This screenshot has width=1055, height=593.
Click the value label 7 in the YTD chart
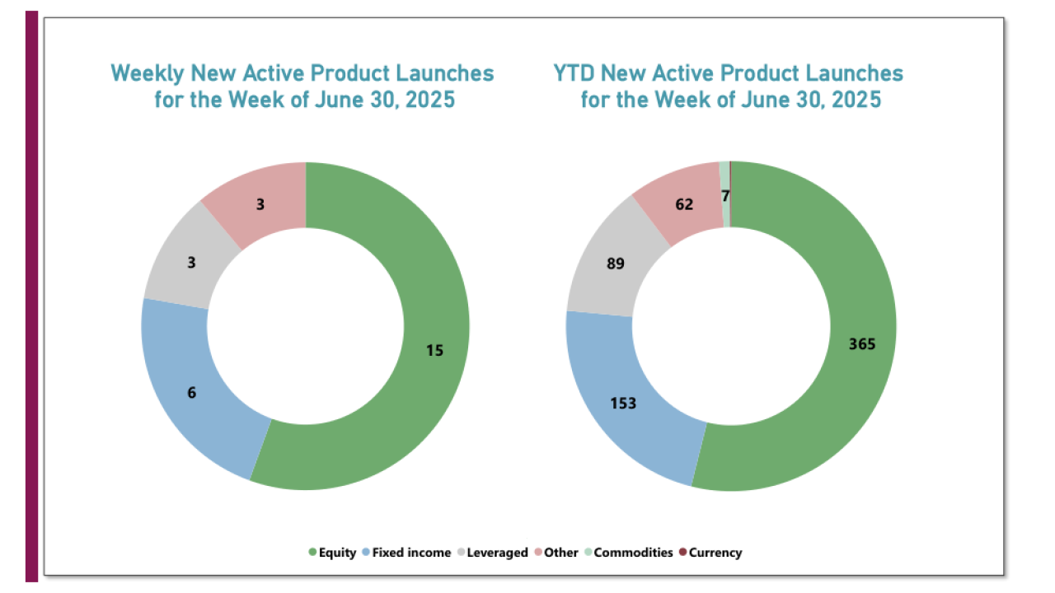click(724, 196)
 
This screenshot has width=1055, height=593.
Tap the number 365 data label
click(861, 344)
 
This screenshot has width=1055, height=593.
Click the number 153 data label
click(623, 404)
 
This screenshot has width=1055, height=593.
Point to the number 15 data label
click(434, 350)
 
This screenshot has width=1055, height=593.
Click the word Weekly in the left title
click(148, 73)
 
